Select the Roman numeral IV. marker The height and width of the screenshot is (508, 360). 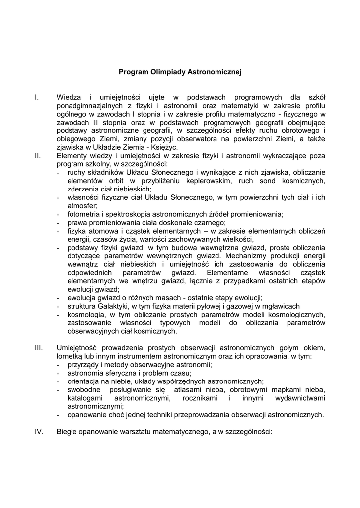click(39, 432)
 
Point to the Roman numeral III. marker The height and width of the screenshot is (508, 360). click(39, 347)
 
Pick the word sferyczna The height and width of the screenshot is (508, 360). click(121, 373)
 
